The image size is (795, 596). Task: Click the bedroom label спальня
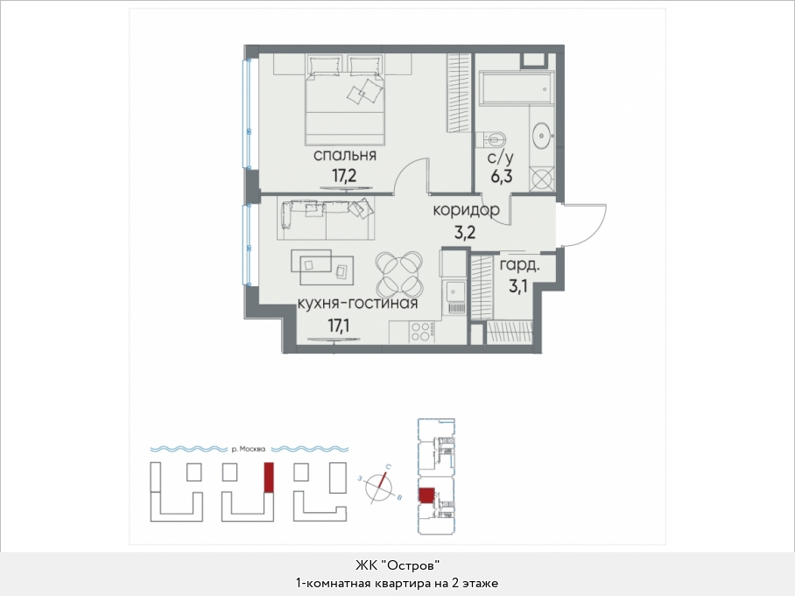[345, 155]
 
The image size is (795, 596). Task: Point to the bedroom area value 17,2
[344, 177]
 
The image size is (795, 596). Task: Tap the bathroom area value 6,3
[501, 177]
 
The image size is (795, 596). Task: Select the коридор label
[466, 210]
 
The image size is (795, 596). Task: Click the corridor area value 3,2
[463, 233]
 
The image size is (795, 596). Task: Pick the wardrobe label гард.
[520, 265]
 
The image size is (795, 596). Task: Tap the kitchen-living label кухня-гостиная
[357, 304]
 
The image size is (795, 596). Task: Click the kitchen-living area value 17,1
[339, 325]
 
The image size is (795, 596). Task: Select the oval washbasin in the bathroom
[543, 135]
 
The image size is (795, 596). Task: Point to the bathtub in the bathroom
[517, 88]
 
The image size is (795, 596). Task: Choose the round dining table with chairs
[399, 275]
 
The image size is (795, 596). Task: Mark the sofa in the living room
[325, 219]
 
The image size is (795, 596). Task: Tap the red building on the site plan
[269, 477]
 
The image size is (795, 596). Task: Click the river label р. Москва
[249, 449]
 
